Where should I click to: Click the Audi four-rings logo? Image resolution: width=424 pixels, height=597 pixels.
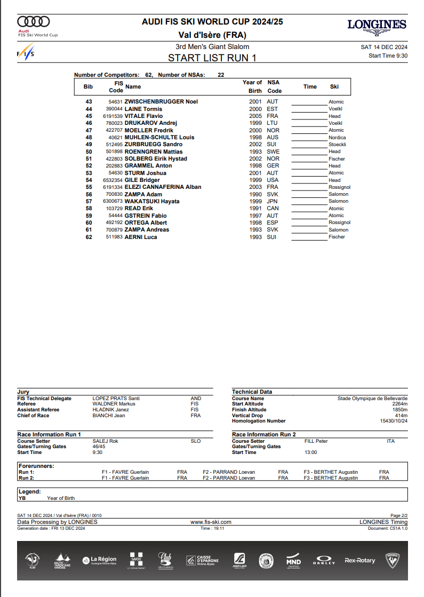[x=34, y=21]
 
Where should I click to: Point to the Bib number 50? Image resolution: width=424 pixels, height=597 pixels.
[x=89, y=152]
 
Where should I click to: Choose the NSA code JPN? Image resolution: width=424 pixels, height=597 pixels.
[x=273, y=201]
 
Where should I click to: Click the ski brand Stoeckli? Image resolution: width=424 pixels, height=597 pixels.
[x=337, y=145]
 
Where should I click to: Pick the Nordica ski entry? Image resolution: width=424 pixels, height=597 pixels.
[x=337, y=138]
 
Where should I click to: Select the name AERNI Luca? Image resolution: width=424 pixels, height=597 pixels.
[x=141, y=237]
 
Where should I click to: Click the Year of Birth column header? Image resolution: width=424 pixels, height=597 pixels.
[x=252, y=86]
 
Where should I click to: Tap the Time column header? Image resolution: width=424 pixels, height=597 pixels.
[x=310, y=86]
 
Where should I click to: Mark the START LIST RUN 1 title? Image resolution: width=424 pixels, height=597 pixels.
[x=212, y=58]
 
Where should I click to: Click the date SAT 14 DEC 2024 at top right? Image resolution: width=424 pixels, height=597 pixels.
[x=384, y=47]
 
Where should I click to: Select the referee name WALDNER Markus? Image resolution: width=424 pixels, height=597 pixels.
[x=114, y=404]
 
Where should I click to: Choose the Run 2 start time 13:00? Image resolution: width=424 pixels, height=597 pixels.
[x=310, y=452]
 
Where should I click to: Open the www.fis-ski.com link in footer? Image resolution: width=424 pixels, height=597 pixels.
[x=211, y=522]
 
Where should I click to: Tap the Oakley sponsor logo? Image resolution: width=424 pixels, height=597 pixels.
[x=324, y=561]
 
